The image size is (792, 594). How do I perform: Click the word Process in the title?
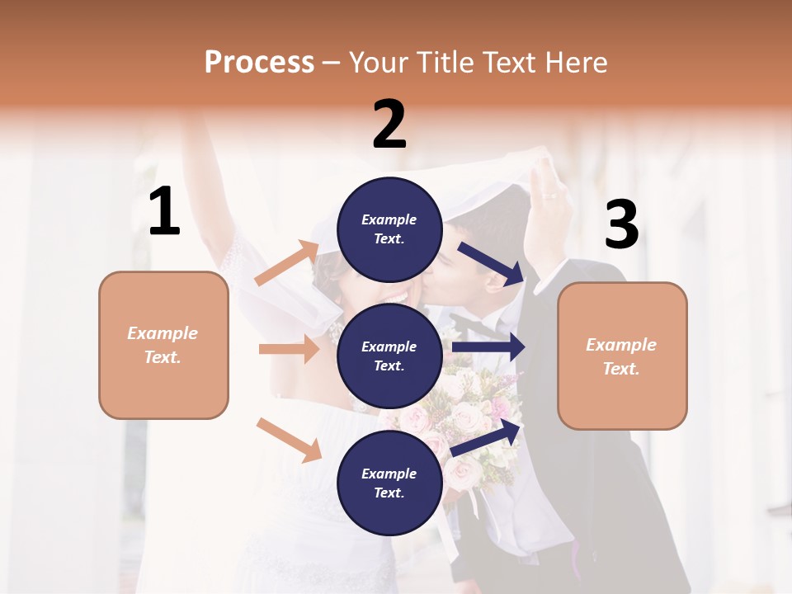(x=259, y=62)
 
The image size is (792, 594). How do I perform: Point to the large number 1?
(x=164, y=212)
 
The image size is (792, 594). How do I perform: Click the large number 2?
(x=389, y=125)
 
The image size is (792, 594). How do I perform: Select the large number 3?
(x=621, y=225)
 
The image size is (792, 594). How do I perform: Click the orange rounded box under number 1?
(x=163, y=345)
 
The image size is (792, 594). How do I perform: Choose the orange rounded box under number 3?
(x=622, y=356)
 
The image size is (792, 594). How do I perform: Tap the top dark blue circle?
(x=389, y=229)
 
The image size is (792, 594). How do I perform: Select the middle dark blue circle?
(x=389, y=356)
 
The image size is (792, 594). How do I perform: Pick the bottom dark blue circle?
(x=389, y=483)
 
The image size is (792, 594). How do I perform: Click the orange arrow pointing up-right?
(x=287, y=263)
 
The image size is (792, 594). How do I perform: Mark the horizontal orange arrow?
(x=289, y=349)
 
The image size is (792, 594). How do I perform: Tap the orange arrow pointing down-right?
(x=289, y=440)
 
